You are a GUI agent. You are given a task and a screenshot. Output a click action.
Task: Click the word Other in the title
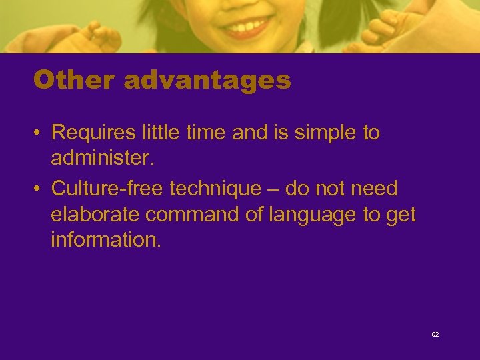(75, 81)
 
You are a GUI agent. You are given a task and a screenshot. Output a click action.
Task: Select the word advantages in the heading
(207, 81)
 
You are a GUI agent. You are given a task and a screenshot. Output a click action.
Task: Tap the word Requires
(93, 133)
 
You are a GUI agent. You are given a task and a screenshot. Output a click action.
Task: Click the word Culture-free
(107, 189)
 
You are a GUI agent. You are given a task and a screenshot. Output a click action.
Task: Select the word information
(105, 240)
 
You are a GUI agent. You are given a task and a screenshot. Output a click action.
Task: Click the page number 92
(435, 334)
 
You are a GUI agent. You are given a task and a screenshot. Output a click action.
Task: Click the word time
(203, 133)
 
